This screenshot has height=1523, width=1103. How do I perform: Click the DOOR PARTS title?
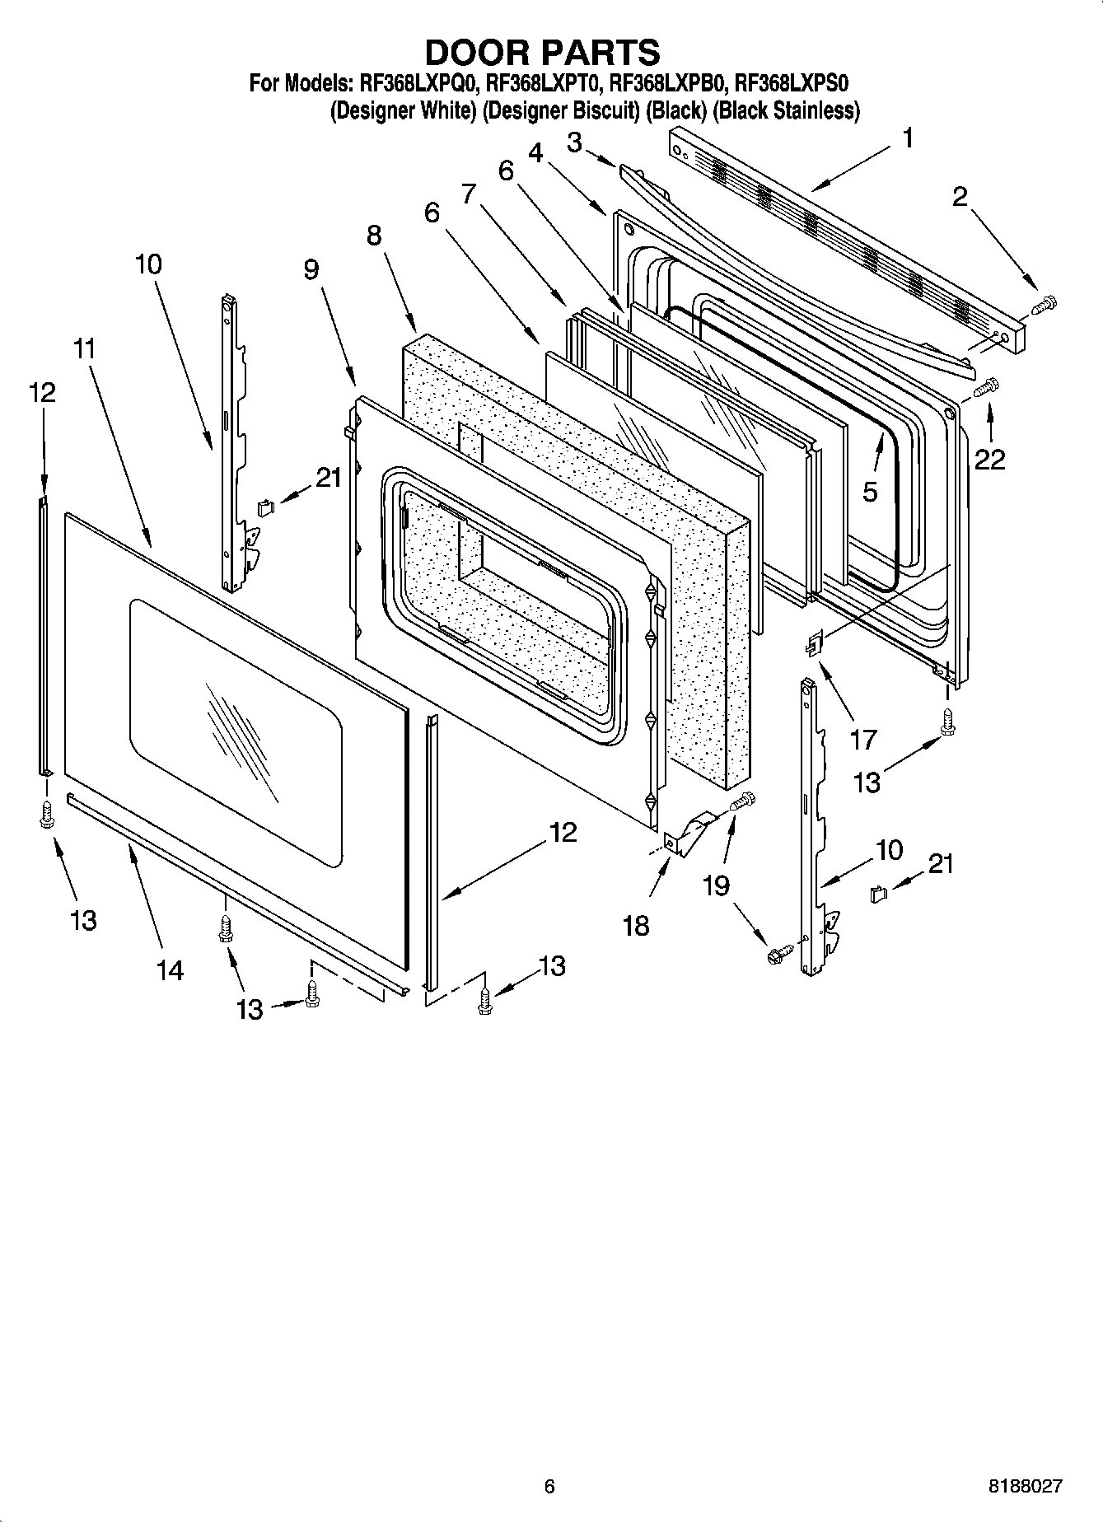542,52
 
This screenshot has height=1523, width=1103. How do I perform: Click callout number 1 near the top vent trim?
907,138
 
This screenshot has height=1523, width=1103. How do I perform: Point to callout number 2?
960,197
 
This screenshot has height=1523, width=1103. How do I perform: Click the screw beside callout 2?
1045,306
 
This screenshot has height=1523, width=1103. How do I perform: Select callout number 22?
989,460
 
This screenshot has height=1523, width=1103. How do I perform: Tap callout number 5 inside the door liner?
870,491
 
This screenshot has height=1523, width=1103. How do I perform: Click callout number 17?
863,739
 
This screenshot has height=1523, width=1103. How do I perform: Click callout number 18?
636,925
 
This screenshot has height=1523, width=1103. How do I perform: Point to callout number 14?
170,970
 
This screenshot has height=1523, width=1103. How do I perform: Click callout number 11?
85,348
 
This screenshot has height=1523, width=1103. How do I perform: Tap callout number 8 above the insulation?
373,236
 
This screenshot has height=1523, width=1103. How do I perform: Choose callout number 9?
311,269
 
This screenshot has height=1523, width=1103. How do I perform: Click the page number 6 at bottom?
549,1486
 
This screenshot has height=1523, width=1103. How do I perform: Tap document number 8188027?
1025,1486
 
